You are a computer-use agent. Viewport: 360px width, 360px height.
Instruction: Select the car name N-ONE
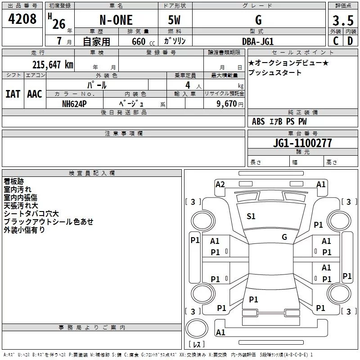point(116,20)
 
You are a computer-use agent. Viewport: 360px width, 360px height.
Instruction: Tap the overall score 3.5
point(343,21)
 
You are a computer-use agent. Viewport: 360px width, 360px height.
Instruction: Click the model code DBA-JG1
point(258,41)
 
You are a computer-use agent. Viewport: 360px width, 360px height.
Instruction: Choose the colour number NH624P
point(74,103)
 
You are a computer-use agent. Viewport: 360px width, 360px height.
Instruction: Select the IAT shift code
point(13,94)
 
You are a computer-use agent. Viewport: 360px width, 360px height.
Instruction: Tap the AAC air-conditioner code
point(35,94)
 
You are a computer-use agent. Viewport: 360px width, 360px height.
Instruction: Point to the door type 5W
point(175,20)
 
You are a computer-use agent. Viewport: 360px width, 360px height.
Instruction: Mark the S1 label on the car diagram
point(251,216)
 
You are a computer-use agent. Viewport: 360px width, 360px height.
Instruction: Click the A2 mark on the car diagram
point(220,184)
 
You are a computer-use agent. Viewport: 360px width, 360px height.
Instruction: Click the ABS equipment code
point(258,121)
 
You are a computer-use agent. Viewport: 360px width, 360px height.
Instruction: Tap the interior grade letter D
point(350,41)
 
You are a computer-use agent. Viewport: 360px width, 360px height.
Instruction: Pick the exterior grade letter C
point(336,41)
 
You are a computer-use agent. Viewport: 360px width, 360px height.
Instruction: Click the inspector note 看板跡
point(14,181)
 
